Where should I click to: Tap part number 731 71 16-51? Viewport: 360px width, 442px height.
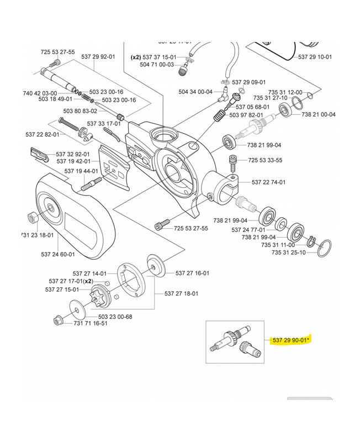[x=91, y=323]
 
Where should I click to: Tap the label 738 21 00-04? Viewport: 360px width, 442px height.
[x=319, y=114]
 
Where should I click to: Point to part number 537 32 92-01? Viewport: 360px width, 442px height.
[x=75, y=154]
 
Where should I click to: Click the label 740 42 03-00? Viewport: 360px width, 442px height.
[x=41, y=93]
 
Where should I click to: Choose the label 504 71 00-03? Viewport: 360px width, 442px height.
[x=157, y=65]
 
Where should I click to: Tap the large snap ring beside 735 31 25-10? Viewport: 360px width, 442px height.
[x=326, y=248]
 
